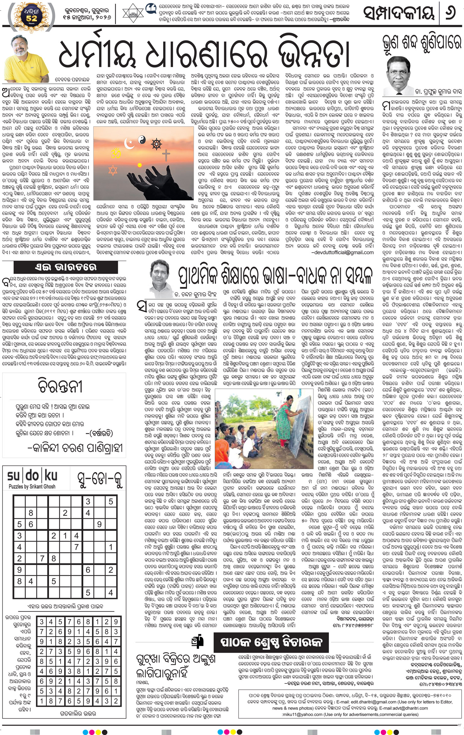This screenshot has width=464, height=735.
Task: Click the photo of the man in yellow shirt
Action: tap(26, 58)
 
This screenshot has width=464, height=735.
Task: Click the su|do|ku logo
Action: tap(32, 476)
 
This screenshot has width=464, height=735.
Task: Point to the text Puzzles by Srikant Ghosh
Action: tap(32, 486)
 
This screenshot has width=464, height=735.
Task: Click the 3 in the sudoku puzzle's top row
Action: tap(88, 502)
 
